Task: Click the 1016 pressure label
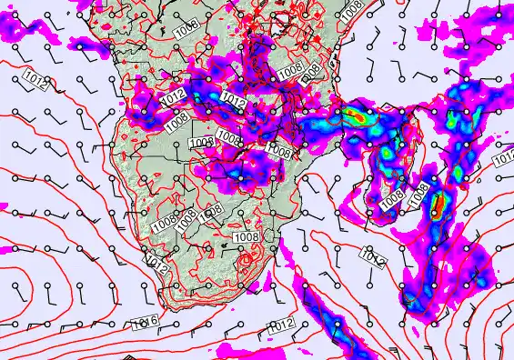point(145,322)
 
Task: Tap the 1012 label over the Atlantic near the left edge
point(37,80)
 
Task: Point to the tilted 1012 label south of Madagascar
point(372,257)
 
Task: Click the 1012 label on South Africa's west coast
point(157,266)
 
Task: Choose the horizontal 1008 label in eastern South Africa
point(247,236)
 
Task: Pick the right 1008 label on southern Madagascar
point(419,193)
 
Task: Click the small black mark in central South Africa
point(225,244)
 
